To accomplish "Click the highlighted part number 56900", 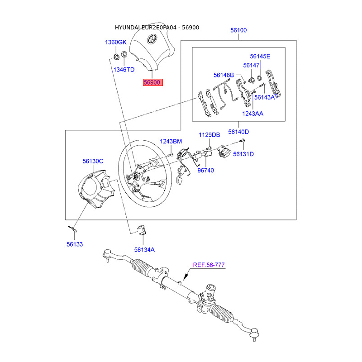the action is click(x=152, y=82).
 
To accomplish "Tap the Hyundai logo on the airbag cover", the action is click(x=152, y=39).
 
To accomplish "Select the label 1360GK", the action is click(x=116, y=42).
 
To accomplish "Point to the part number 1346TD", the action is click(x=124, y=70).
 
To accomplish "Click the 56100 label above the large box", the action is click(x=238, y=30).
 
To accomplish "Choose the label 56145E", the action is click(x=260, y=56).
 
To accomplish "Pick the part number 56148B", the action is click(x=224, y=75).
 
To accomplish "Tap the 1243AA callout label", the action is click(x=252, y=114).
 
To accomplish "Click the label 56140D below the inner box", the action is click(x=238, y=132).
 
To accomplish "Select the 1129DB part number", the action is click(x=210, y=135).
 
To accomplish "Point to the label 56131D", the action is click(x=243, y=154).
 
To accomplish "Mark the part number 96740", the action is click(x=205, y=171).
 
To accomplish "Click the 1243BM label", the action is click(x=171, y=141).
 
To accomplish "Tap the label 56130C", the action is click(x=93, y=161).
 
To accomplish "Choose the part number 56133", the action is click(x=75, y=244).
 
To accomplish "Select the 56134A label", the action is click(x=144, y=250).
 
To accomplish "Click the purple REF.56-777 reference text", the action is click(x=209, y=265).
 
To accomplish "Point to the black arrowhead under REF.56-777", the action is click(x=186, y=276).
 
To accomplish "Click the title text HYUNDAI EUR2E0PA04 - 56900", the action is click(x=157, y=28).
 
